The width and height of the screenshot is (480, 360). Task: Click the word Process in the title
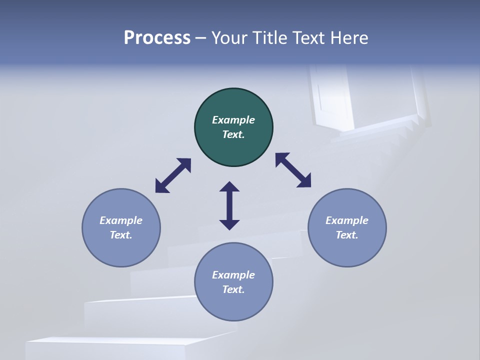tap(157, 38)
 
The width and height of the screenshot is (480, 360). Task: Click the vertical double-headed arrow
tap(229, 205)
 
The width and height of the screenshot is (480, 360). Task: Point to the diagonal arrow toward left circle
tap(173, 175)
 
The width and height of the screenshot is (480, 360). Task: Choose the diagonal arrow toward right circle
tap(293, 170)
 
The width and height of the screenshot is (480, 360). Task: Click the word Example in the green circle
tap(233, 120)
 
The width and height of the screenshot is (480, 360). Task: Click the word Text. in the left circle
tap(121, 235)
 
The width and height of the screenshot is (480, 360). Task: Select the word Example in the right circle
tap(347, 220)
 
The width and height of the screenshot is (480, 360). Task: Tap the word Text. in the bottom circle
tap(233, 289)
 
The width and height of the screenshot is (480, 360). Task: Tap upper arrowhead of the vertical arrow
tap(229, 187)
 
